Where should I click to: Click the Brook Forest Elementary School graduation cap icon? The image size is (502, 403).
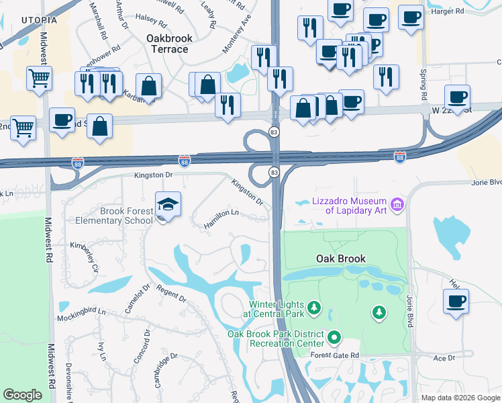[168, 204]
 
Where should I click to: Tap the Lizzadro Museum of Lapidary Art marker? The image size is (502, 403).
[397, 204]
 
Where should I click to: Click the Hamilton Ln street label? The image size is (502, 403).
[221, 219]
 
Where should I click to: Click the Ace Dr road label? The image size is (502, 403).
[444, 359]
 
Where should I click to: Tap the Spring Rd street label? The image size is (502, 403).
[424, 83]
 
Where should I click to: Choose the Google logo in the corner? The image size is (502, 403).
[22, 395]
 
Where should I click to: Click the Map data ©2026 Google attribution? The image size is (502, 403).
[460, 398]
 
